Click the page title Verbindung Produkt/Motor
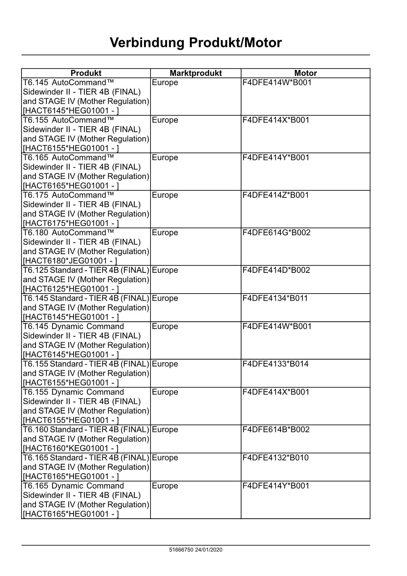pos(195,43)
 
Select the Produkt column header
pos(86,73)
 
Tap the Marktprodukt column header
pos(195,73)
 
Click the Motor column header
pos(305,73)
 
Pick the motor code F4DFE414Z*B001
pos(275,195)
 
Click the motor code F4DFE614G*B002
pos(276,233)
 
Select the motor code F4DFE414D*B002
pos(276,270)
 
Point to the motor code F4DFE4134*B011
pos(275,298)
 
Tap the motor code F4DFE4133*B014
pos(275,364)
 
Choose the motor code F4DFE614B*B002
pos(276,430)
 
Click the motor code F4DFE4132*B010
pos(275,458)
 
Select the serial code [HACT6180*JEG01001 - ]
pos(70,261)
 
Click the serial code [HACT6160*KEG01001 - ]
pos(71,448)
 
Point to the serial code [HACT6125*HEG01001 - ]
pos(71,289)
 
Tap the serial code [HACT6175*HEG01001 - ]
pos(71,223)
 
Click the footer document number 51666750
pos(181,550)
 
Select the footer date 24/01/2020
pos(209,550)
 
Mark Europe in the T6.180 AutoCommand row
pos(165,233)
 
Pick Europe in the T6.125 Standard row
pos(165,270)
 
